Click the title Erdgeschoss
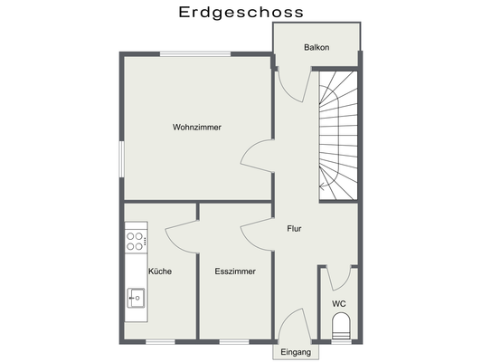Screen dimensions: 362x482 tap(241, 12)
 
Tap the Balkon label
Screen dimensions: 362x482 tap(316, 47)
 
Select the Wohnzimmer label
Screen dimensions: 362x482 tap(197, 128)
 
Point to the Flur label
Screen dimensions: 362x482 tap(294, 229)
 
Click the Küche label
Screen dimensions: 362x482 tap(159, 271)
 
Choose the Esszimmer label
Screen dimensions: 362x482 tap(234, 271)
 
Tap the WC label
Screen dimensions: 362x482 tap(338, 303)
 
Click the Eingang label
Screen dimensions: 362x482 tap(295, 351)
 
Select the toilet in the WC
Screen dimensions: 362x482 tap(340, 327)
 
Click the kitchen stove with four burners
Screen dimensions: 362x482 tap(137, 241)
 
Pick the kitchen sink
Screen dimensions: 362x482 tap(137, 296)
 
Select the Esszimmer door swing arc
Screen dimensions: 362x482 tap(256, 234)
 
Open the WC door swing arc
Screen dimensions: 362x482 tap(338, 277)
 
